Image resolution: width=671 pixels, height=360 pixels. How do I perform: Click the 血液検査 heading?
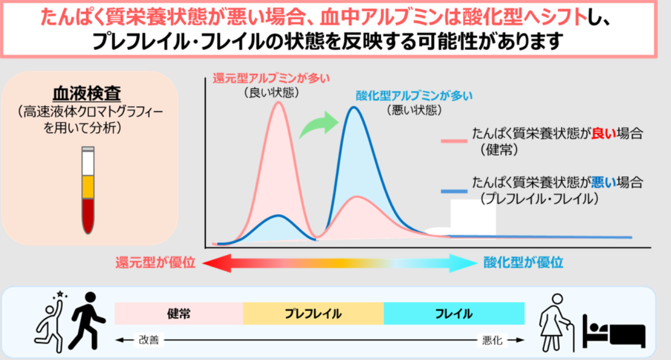87,93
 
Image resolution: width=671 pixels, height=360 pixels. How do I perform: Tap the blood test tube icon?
88,190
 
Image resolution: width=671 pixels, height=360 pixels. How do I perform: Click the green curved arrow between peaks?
319,124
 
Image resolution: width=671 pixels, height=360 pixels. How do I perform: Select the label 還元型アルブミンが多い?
271,78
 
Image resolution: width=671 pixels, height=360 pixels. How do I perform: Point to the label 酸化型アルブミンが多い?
414,96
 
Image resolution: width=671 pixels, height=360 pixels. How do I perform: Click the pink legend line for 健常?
454,140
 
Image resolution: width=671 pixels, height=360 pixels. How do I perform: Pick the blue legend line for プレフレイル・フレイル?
454,191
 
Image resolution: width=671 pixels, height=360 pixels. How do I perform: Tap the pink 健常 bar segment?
179,314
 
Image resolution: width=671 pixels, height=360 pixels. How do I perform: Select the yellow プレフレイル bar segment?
313,314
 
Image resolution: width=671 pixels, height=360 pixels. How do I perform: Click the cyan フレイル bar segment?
454,314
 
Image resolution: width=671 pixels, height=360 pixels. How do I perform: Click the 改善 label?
149,340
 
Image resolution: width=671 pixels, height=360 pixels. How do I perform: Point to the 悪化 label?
492,340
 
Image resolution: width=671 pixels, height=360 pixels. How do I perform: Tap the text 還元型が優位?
155,262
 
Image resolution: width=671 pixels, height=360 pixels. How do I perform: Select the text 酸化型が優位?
524,262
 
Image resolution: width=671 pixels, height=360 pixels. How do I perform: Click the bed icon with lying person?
614,331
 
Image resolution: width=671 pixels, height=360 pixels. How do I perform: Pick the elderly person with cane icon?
556,323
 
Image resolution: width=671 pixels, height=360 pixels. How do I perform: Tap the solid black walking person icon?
87,321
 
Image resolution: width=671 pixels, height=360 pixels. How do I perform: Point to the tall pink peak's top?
278,101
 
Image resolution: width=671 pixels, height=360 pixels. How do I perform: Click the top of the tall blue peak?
353,107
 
